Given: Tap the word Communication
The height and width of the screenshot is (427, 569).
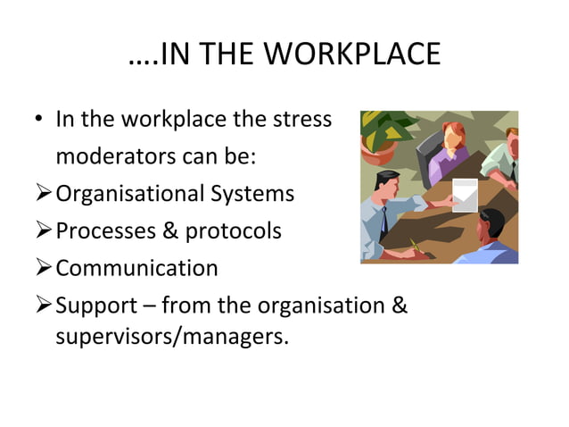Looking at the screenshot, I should coord(136,268).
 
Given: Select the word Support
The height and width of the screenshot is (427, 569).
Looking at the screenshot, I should coord(95,306).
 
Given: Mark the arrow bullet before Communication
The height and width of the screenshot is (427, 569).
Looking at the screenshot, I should coord(45,268).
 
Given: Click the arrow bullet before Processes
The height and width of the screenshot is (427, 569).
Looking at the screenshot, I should coord(45,231).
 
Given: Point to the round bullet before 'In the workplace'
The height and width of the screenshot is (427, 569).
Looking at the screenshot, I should coord(42,120).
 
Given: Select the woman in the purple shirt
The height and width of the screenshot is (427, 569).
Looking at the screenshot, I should coord(448,152).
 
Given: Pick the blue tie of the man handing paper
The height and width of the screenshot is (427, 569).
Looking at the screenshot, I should coord(383,218).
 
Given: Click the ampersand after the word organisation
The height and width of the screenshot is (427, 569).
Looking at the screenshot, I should coord(400,306).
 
